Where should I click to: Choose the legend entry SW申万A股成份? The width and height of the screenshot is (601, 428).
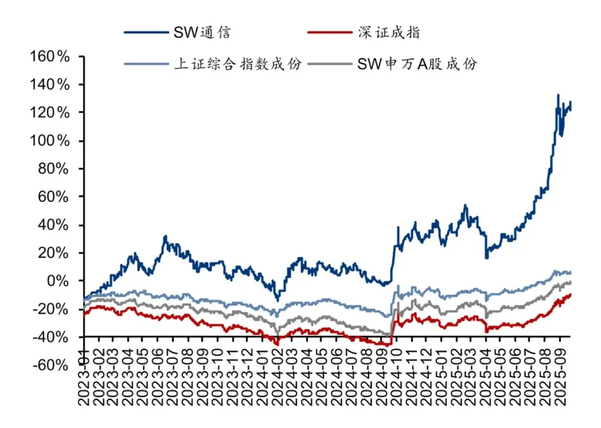pos(417,64)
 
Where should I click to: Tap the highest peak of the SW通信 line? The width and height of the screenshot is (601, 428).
pos(558,95)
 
